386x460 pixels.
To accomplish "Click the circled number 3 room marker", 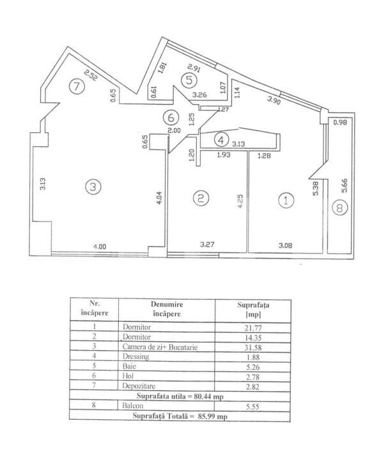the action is pos(93,187).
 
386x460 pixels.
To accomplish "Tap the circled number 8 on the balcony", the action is pos(340,208).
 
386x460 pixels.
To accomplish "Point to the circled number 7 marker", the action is pos(77,86).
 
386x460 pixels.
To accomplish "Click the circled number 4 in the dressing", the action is pos(221,140).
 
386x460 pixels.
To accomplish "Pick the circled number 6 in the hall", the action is pos(171,118).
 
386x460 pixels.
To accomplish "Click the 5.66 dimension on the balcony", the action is pos(344,185).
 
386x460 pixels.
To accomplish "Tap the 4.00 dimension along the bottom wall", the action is pos(100,247).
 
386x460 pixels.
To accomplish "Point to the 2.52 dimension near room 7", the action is pos(90,75).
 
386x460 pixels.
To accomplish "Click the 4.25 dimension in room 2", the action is pos(240,201).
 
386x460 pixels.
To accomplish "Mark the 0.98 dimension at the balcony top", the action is pos(340,122).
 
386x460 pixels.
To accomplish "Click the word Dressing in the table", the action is pos(135,356).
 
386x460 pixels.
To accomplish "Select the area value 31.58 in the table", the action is pos(253,348).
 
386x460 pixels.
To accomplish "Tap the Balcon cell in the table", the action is pos(133,406).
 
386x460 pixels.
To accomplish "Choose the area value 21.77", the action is pos(253,328).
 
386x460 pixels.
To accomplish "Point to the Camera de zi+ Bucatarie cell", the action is pos(160,347).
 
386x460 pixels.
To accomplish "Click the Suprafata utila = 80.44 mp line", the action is pos(180,396).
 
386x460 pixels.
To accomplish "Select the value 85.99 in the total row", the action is pos(208,416).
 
